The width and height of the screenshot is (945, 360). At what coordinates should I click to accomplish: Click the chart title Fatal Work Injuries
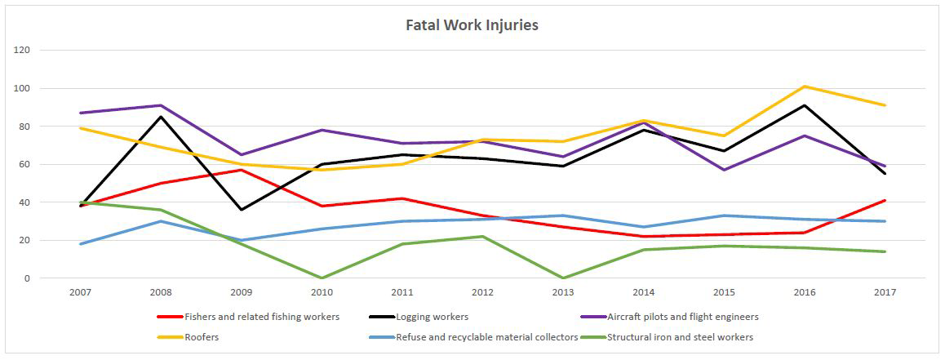coord(472,24)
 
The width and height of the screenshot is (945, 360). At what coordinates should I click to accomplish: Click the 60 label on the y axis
coord(24,164)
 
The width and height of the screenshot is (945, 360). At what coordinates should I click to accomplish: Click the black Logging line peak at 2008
coord(161,117)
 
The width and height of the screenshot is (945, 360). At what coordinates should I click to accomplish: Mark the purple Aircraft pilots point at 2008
coord(161,105)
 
